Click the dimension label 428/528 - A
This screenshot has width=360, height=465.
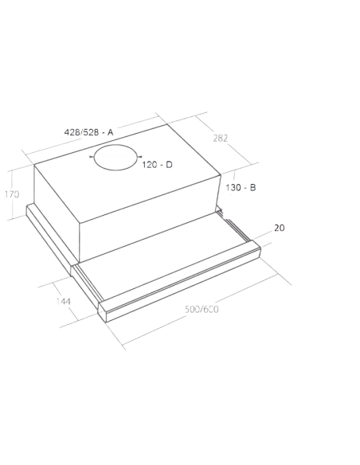pyautogui.click(x=89, y=130)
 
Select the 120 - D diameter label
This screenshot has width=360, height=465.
pyautogui.click(x=157, y=164)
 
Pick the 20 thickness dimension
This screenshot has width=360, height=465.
pyautogui.click(x=279, y=229)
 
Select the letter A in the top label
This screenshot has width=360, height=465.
pyautogui.click(x=111, y=130)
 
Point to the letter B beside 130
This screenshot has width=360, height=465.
pyautogui.click(x=252, y=187)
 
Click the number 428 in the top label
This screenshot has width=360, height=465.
pyautogui.click(x=73, y=130)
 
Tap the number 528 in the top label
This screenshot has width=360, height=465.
pyautogui.click(x=92, y=130)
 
